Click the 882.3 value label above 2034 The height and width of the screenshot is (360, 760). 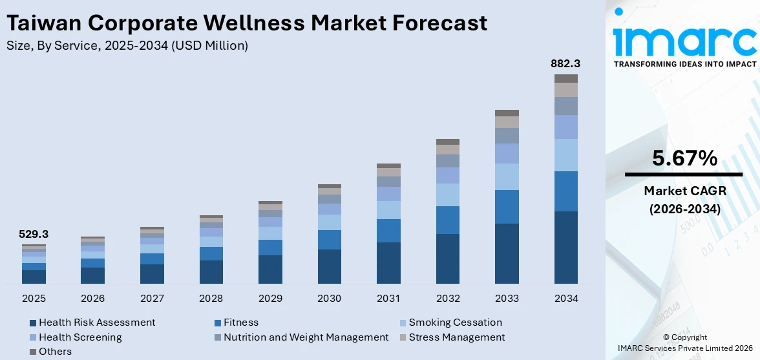click(x=565, y=63)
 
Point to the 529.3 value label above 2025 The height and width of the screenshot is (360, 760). click(x=34, y=234)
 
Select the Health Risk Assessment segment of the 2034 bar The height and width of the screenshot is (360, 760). click(x=565, y=247)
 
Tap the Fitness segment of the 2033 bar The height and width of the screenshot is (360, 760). click(x=507, y=207)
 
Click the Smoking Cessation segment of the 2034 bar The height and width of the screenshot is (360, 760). click(x=565, y=155)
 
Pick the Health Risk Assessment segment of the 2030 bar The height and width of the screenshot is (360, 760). click(x=329, y=266)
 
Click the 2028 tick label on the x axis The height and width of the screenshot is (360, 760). click(x=211, y=299)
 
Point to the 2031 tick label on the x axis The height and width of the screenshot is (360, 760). click(x=388, y=299)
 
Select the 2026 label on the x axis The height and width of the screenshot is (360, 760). click(x=92, y=299)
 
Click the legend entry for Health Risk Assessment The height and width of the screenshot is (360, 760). click(x=97, y=323)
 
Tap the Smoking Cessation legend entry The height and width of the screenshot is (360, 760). click(x=455, y=323)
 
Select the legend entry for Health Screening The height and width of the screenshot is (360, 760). click(x=80, y=337)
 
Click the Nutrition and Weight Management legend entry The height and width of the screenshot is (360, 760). click(x=306, y=337)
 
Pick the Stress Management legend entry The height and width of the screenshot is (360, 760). click(x=456, y=337)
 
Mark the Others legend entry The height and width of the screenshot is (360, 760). click(x=55, y=352)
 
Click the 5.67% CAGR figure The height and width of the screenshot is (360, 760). click(x=684, y=158)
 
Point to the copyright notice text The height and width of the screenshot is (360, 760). click(x=684, y=343)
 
